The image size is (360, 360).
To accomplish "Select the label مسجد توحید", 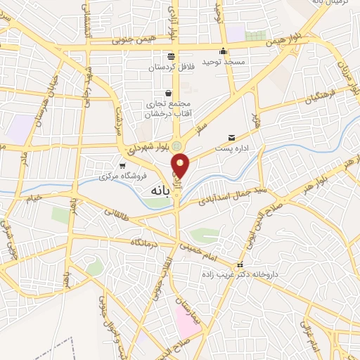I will (224, 63).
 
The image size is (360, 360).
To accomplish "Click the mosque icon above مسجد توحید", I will (224, 51).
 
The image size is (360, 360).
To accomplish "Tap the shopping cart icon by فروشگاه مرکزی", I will (123, 165).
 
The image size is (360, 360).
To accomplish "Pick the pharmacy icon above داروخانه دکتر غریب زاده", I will (240, 266).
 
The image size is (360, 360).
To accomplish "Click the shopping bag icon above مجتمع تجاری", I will (167, 93).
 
